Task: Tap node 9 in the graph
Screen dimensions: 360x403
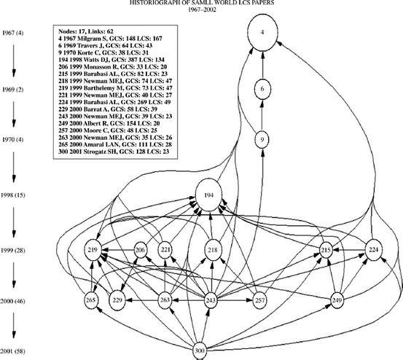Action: [x=262, y=138]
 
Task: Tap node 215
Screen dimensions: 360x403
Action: [x=326, y=250]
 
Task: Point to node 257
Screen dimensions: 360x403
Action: [x=260, y=300]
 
